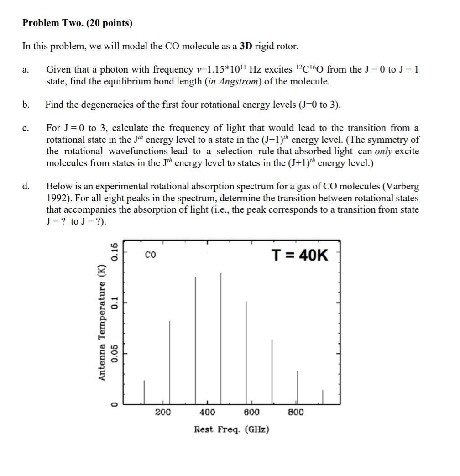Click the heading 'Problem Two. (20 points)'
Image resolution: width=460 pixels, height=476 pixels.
[78, 23]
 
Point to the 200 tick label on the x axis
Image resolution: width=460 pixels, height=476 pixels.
[163, 413]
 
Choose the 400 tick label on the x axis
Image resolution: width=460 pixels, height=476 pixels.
[208, 413]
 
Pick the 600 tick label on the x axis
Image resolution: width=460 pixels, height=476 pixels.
[252, 413]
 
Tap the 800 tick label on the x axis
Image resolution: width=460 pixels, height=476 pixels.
[296, 413]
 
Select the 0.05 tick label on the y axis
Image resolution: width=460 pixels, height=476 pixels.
[115, 353]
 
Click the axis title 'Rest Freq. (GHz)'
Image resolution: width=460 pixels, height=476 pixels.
[231, 429]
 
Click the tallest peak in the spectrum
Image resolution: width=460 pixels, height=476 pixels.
[221, 338]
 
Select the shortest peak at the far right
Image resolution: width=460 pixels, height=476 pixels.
[323, 397]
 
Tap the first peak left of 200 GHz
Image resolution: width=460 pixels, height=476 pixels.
[144, 392]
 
